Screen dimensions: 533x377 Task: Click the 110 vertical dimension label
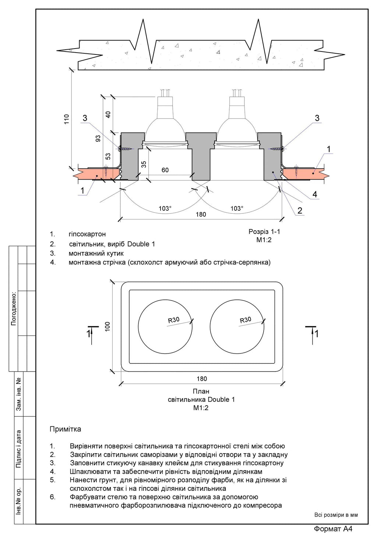(67, 118)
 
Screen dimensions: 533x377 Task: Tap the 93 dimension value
(98, 138)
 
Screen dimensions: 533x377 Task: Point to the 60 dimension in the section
(165, 170)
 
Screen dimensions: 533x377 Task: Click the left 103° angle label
(165, 209)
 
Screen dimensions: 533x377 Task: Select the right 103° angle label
(237, 209)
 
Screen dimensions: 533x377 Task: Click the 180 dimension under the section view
(201, 214)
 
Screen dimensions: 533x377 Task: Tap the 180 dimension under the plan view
(202, 379)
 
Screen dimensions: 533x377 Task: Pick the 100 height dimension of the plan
(108, 326)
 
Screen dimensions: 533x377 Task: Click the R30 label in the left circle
(174, 320)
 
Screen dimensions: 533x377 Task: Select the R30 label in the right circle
(246, 320)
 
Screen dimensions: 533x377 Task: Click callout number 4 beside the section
(315, 194)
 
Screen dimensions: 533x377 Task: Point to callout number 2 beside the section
(300, 210)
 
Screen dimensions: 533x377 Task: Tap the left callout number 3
(85, 118)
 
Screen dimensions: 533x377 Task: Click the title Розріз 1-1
(264, 232)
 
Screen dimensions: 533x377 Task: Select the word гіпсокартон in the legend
(87, 234)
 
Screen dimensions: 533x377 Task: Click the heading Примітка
(65, 429)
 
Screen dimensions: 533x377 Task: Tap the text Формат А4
(333, 529)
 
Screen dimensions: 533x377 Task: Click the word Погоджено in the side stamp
(14, 309)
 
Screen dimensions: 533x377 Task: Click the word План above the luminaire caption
(201, 391)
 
